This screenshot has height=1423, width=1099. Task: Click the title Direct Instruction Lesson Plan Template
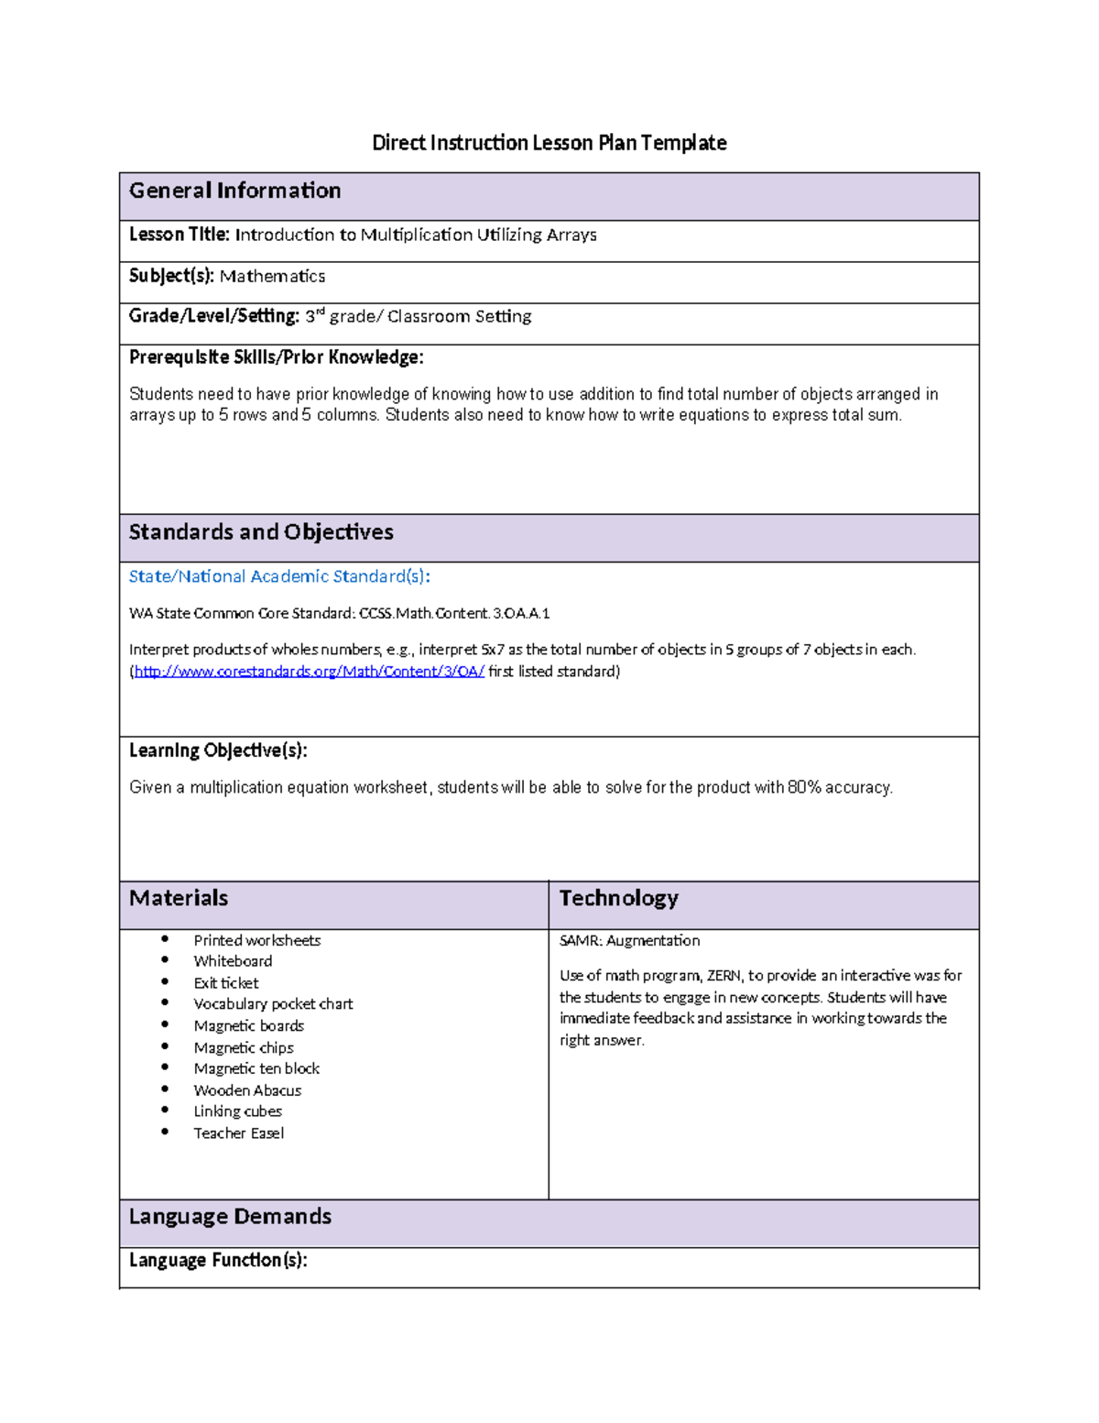(x=549, y=143)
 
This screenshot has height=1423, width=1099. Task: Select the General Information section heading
(x=234, y=191)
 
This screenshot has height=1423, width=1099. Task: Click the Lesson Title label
(x=180, y=235)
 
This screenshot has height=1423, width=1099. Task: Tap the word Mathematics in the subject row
(x=272, y=276)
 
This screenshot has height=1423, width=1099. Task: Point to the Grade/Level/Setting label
(x=214, y=316)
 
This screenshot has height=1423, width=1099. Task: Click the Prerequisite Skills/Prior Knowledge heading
(x=276, y=357)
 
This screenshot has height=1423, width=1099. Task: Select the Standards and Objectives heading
(x=261, y=532)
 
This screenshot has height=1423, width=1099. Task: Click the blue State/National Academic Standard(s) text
(x=279, y=576)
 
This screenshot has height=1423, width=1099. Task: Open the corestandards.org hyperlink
(x=309, y=672)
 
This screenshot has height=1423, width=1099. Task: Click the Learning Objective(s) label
(x=218, y=750)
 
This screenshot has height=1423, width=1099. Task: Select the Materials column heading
(x=179, y=898)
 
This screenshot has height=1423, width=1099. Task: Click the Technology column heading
(x=618, y=898)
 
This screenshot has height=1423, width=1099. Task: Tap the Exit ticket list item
(x=226, y=983)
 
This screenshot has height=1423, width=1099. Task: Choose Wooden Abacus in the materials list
(x=247, y=1090)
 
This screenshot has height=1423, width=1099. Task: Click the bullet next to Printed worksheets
(x=165, y=939)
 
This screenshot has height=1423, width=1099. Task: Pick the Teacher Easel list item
(x=239, y=1133)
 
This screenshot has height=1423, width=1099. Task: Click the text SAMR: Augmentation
(x=629, y=940)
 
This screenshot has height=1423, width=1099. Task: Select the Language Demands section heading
(x=230, y=1217)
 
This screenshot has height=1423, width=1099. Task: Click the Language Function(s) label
(x=218, y=1261)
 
